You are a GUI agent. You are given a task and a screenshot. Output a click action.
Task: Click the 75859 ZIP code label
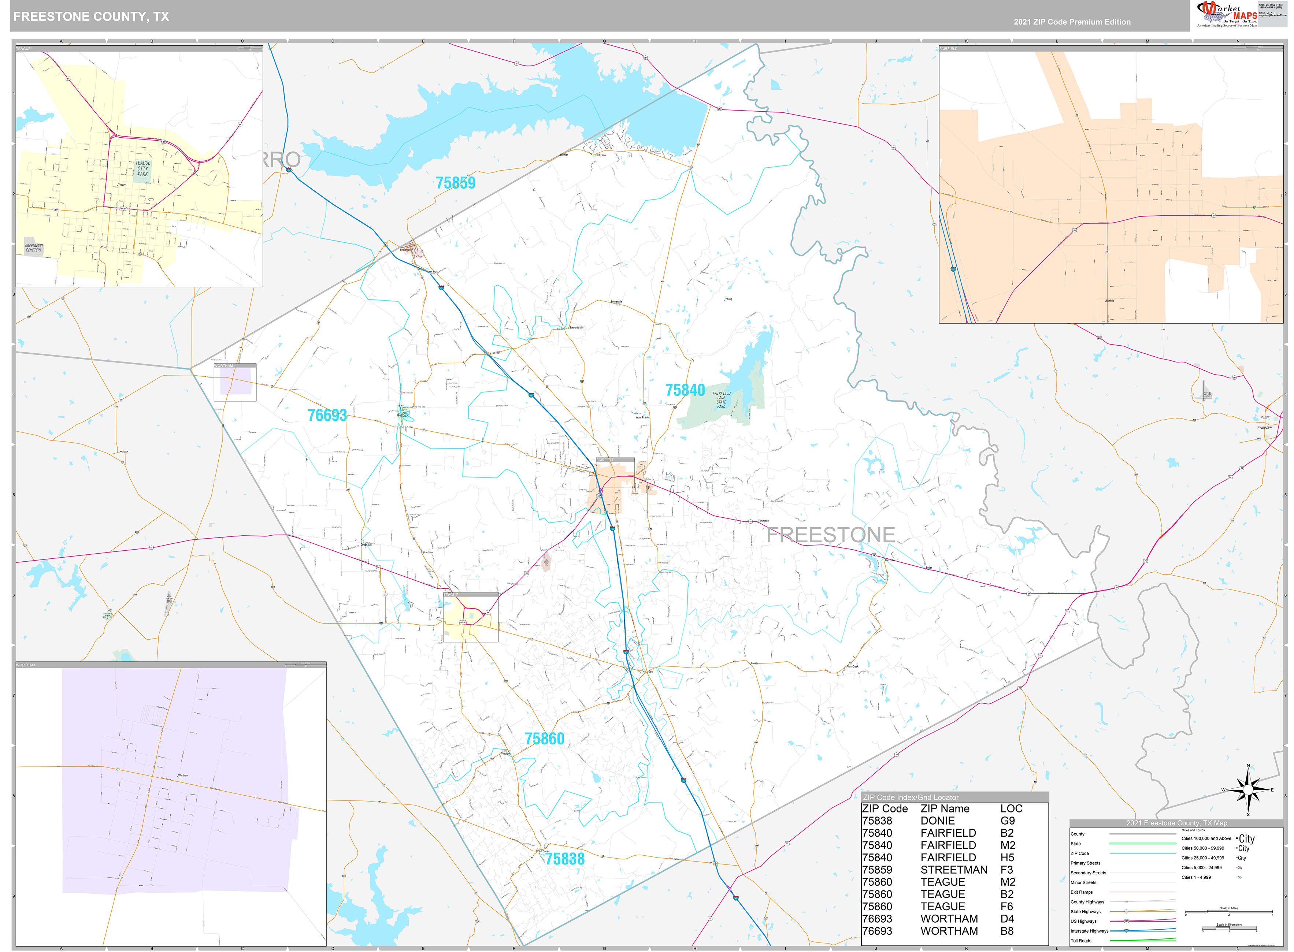coord(455,183)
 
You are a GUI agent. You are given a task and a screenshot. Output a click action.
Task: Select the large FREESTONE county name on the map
coord(830,535)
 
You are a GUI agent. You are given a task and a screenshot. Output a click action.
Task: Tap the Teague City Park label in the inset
coord(142,169)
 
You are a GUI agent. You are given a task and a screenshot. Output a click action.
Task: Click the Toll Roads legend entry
coord(1081,941)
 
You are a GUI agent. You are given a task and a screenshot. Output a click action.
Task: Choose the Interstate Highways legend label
coord(1089,931)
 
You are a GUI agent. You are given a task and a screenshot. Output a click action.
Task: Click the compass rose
coord(1247,790)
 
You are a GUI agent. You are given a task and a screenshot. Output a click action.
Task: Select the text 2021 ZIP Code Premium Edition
coord(1072,22)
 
